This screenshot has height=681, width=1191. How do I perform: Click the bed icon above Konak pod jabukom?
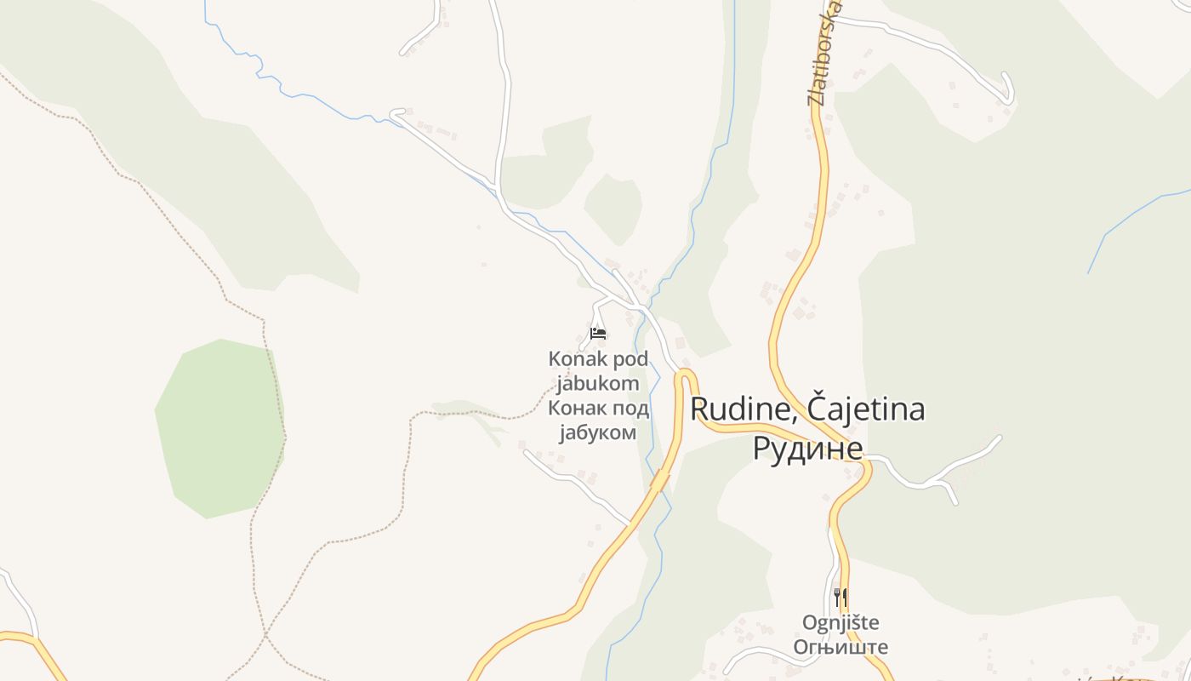point(598,333)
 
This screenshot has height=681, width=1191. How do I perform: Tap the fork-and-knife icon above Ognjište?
point(840,597)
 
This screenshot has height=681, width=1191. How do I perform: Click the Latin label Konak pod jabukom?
point(598,371)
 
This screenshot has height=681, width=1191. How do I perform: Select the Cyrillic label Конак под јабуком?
point(598,421)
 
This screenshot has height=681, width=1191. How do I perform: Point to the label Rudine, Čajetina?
point(806,409)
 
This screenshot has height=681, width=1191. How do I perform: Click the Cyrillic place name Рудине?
point(807,448)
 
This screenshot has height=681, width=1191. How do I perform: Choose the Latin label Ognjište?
point(841,622)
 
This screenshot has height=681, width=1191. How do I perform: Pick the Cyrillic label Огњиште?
point(841,647)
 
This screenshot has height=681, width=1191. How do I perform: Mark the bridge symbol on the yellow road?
point(659,479)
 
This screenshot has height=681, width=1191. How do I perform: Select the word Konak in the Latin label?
point(573,359)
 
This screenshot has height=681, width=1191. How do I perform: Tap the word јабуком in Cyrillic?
point(598,432)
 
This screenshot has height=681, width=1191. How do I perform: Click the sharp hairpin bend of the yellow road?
point(686,375)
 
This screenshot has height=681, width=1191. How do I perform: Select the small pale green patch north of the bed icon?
point(613,209)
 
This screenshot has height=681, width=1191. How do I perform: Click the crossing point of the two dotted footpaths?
point(265,634)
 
